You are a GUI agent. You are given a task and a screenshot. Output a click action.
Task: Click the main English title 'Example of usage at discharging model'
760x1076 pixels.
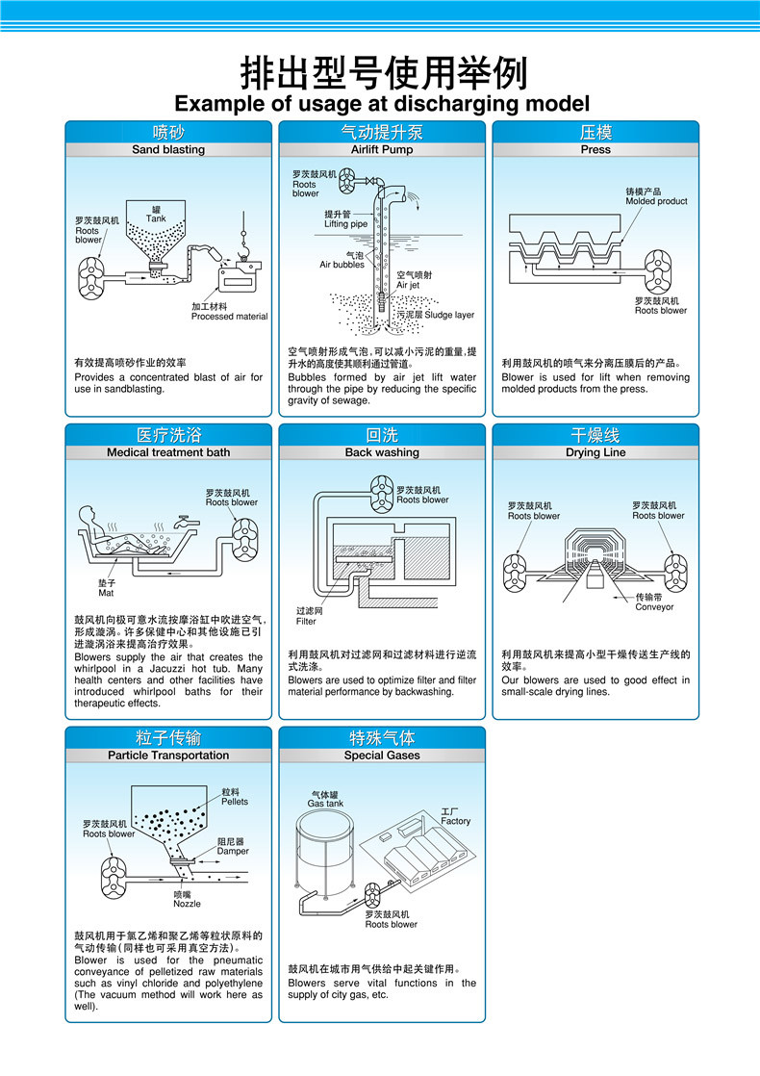381,103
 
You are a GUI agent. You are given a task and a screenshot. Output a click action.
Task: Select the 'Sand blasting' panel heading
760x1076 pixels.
168,150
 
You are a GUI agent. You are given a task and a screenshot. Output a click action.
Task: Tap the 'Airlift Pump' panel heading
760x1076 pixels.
382,150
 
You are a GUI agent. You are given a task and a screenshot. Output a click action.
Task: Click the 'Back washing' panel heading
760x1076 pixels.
382,452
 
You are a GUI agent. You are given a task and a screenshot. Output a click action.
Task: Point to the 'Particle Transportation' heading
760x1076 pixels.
168,756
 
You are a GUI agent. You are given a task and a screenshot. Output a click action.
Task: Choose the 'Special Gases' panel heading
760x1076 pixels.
382,756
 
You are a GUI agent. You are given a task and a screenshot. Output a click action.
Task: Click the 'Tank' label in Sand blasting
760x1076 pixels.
156,219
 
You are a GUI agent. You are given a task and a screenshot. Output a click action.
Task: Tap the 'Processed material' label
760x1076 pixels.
229,317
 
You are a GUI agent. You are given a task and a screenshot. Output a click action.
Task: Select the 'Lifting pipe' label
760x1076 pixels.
345,224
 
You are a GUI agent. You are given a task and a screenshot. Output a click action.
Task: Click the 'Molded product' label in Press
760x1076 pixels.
656,201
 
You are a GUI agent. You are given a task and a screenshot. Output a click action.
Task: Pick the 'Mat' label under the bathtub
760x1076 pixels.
106,593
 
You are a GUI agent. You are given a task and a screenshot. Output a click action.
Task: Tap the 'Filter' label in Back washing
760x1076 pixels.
306,622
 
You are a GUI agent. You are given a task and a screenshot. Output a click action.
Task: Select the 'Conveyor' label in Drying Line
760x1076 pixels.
654,607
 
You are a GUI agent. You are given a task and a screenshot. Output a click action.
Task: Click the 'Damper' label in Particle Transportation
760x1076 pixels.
233,851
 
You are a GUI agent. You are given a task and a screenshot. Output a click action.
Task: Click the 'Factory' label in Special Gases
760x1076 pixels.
456,821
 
